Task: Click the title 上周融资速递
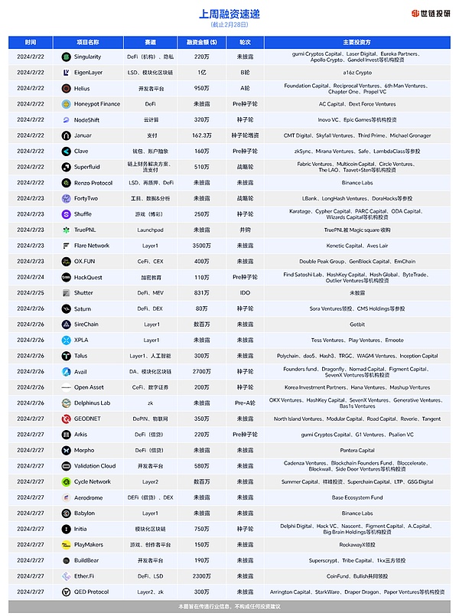click(229, 14)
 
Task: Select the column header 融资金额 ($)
click(201, 42)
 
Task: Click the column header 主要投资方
click(356, 42)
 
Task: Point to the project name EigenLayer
click(90, 72)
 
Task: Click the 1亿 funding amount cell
click(201, 72)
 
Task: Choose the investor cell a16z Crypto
click(357, 72)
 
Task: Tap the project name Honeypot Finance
click(97, 104)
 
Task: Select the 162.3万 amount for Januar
click(201, 135)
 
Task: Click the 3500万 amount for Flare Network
click(201, 246)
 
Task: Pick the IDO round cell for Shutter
click(245, 293)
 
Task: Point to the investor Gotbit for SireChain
click(357, 324)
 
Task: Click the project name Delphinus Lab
click(92, 403)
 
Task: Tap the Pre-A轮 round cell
click(245, 403)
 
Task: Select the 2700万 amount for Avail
click(201, 372)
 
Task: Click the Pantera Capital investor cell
click(357, 451)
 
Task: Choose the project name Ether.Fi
click(86, 576)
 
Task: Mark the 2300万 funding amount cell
click(201, 576)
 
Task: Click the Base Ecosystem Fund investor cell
click(357, 497)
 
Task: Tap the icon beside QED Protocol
click(67, 592)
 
